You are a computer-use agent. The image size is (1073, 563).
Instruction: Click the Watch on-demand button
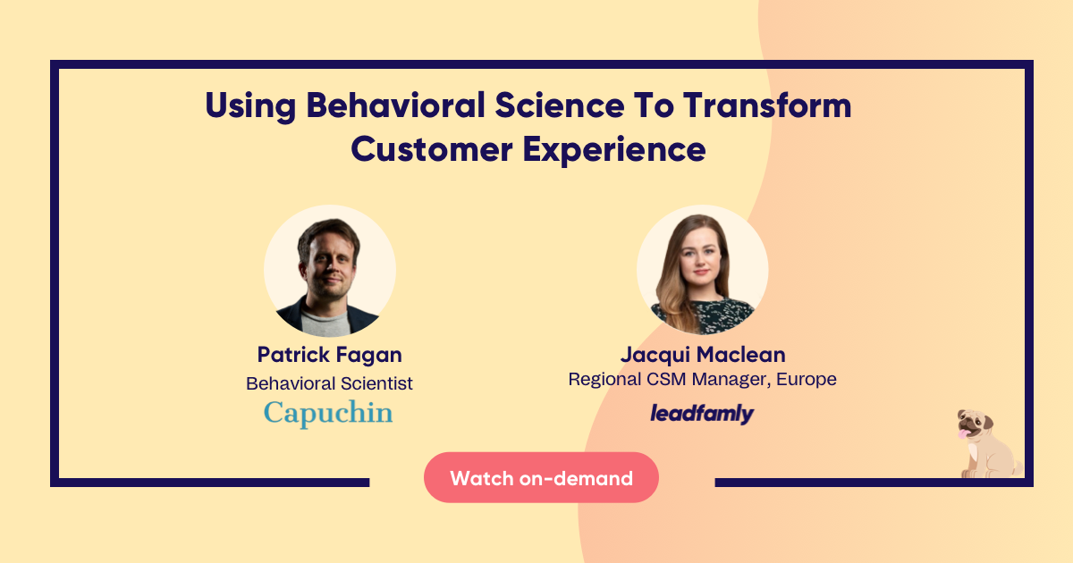541,477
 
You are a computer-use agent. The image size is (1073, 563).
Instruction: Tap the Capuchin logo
328,413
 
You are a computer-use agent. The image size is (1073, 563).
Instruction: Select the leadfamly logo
702,414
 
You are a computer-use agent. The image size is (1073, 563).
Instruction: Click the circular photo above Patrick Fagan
330,271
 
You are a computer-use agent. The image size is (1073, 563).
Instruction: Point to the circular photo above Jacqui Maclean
702,271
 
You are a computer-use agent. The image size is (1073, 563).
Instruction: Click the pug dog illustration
987,444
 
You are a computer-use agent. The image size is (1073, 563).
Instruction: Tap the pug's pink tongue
963,433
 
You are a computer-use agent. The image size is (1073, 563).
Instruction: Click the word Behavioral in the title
395,105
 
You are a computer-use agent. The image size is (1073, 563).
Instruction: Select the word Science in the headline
560,105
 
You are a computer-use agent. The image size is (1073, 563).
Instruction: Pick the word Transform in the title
767,105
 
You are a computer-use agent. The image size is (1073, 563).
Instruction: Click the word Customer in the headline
432,149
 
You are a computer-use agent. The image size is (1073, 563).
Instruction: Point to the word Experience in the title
614,151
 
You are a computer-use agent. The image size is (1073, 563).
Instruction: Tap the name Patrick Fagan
330,355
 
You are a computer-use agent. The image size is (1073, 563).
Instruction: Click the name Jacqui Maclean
703,355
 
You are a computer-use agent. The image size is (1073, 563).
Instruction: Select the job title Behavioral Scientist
329,383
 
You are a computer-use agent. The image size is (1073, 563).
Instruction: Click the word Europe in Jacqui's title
807,379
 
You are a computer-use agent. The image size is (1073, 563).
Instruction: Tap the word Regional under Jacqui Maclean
604,380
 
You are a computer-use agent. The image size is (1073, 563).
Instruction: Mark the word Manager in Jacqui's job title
731,380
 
